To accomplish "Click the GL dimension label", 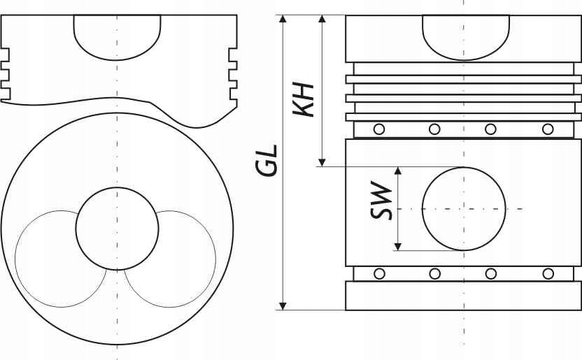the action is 266,161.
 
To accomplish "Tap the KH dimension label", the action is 304,99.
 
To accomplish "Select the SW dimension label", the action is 381,201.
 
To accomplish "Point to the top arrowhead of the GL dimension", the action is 283,19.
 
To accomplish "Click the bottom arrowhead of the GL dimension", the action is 283,306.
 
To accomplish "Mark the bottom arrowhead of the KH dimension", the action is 322,162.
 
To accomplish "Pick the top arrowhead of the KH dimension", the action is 322,19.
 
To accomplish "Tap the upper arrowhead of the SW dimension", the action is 398,171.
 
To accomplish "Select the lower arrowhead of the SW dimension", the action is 398,247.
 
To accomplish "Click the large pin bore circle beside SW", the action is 423,209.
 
